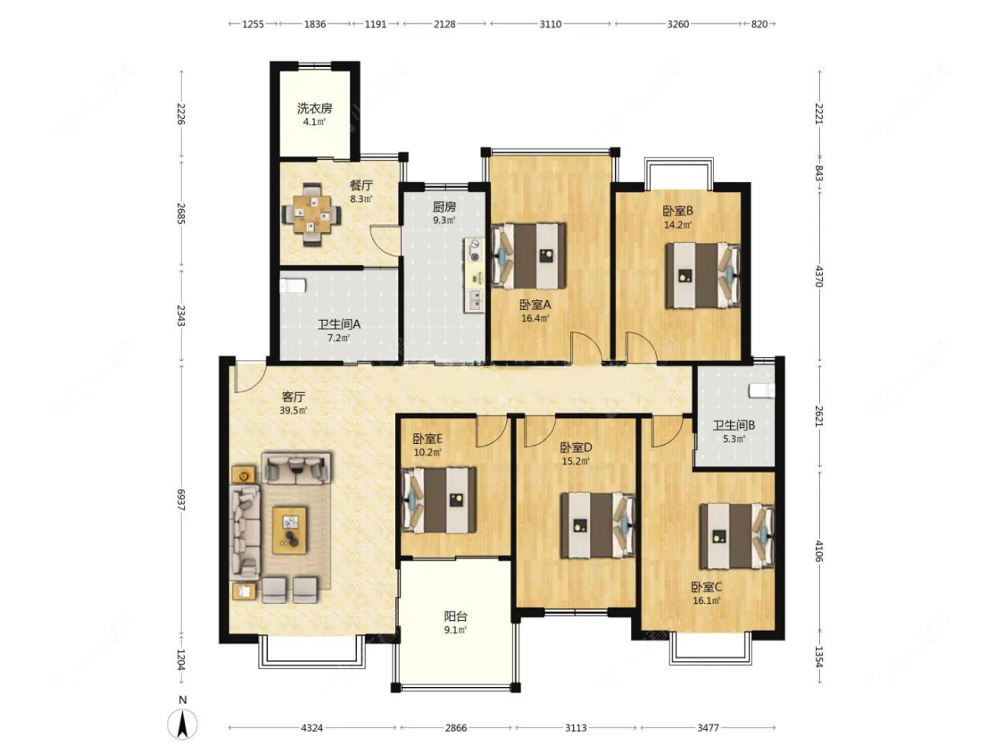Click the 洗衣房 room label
click(314, 108)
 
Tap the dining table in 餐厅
click(312, 214)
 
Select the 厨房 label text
click(444, 206)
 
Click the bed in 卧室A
click(529, 256)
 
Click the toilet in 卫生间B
click(761, 390)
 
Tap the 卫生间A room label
click(339, 324)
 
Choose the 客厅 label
click(294, 397)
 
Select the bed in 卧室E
click(439, 500)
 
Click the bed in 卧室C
click(737, 537)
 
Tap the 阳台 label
click(455, 616)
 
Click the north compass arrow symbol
click(182, 725)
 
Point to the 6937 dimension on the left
click(181, 499)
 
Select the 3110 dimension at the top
click(551, 24)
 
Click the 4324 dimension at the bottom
click(311, 728)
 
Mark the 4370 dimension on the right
click(819, 273)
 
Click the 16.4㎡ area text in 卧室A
click(535, 318)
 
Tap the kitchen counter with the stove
click(475, 276)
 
